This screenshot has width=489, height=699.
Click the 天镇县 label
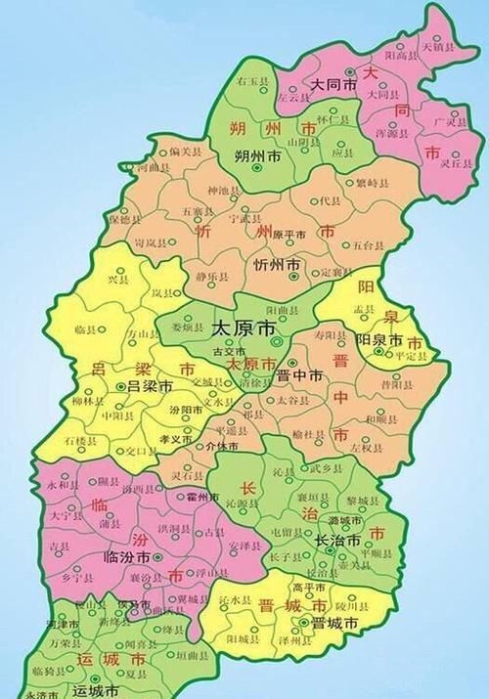coord(435,47)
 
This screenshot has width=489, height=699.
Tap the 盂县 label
coord(366,308)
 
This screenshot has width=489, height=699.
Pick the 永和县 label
coord(59,485)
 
